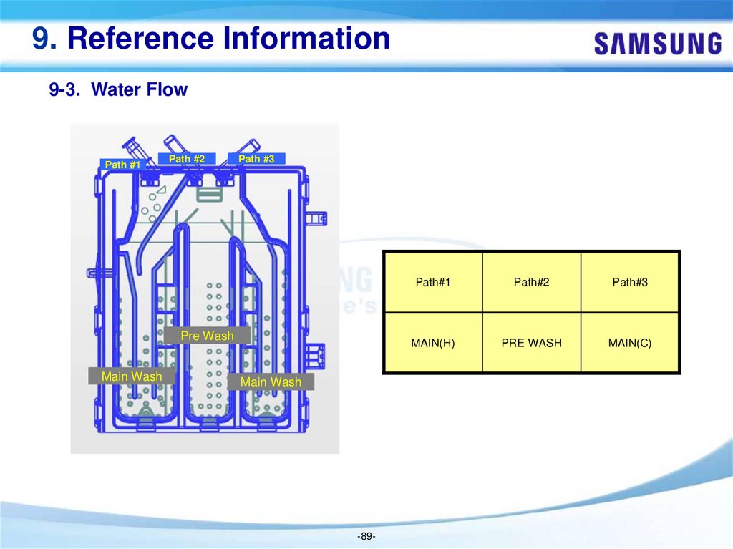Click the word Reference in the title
[139, 38]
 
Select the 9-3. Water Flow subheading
[118, 90]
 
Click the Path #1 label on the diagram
[122, 165]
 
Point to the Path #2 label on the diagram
[187, 159]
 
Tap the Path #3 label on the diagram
[256, 159]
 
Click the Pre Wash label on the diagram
[207, 336]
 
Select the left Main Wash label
[132, 376]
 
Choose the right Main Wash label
[271, 382]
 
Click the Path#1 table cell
[433, 282]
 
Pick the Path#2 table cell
[531, 282]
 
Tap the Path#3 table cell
[630, 282]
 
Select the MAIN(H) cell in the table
[433, 343]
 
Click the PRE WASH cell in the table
[531, 343]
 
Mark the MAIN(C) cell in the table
[630, 343]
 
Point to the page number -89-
[366, 536]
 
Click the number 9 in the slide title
[40, 38]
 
